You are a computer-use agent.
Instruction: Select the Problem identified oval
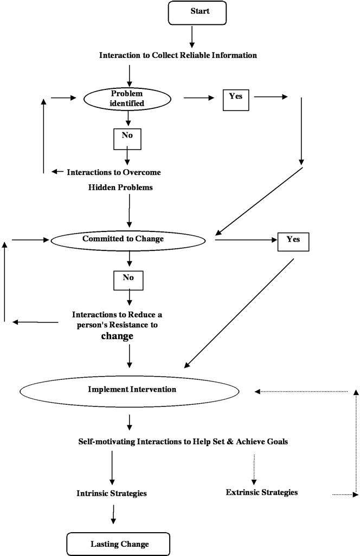[x=127, y=98]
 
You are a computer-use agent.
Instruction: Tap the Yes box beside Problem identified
[x=235, y=98]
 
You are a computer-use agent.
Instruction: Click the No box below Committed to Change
[x=128, y=279]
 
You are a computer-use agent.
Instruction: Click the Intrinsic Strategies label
[x=112, y=494]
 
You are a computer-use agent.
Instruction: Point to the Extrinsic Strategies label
[x=261, y=493]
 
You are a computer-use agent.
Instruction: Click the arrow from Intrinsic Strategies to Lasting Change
[x=113, y=514]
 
